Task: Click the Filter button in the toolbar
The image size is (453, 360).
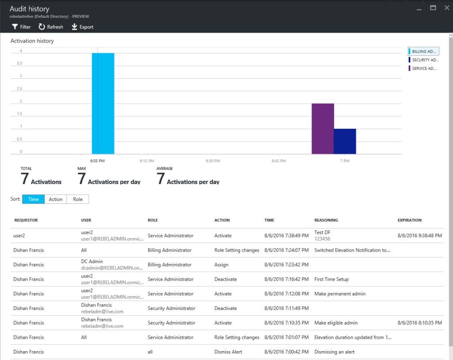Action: [x=21, y=27]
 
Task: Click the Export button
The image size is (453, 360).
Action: [x=82, y=27]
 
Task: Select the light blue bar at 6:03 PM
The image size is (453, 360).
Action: [x=103, y=103]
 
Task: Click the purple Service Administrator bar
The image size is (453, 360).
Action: [x=322, y=128]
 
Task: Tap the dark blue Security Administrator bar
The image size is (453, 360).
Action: [x=345, y=141]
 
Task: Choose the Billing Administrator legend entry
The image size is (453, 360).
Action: [x=423, y=51]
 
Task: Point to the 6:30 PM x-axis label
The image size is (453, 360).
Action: [x=212, y=161]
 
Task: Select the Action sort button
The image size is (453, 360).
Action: [x=56, y=199]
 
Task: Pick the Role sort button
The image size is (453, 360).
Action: [x=78, y=199]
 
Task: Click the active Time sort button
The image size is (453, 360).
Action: [x=33, y=199]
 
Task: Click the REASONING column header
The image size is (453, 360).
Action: [x=326, y=220]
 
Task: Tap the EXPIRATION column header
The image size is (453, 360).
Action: [x=409, y=220]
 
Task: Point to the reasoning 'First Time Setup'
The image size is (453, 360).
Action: [x=331, y=279]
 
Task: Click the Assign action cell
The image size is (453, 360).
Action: [x=221, y=265]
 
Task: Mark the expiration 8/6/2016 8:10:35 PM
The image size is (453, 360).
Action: [x=419, y=323]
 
